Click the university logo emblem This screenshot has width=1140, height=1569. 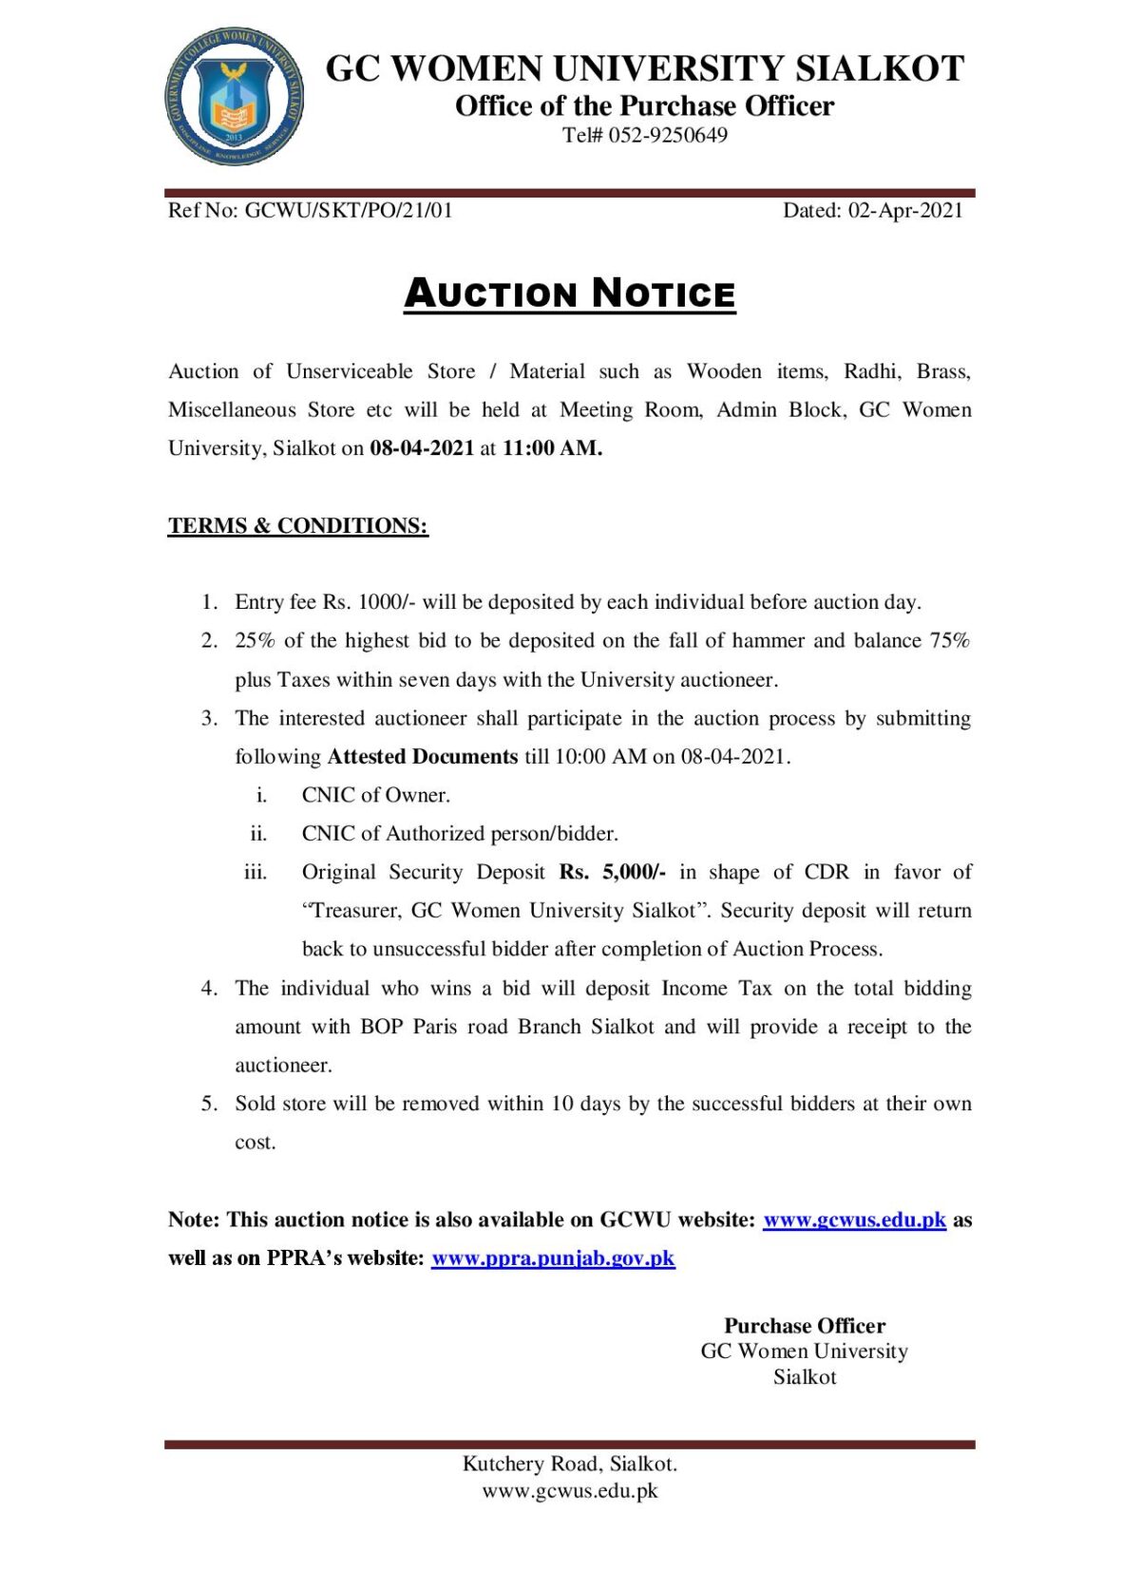[x=234, y=96]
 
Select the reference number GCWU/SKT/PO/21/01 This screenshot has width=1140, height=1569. [x=349, y=210]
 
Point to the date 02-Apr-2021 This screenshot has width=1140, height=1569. [x=905, y=210]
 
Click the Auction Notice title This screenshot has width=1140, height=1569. [x=570, y=293]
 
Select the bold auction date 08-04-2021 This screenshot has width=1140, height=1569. [x=422, y=448]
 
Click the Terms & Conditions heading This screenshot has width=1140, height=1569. [x=298, y=525]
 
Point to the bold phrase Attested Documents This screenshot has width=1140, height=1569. [x=423, y=757]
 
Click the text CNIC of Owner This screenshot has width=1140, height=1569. [x=376, y=795]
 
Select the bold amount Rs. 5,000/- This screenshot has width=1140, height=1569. [x=613, y=872]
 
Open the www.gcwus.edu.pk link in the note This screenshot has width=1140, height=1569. [x=854, y=1219]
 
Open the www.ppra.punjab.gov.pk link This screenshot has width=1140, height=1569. [x=553, y=1258]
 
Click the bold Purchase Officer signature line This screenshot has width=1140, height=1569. [x=805, y=1326]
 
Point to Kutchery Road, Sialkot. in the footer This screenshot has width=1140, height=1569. [x=570, y=1464]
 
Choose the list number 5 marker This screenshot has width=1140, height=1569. [x=209, y=1104]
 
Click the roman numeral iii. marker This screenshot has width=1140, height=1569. [x=256, y=872]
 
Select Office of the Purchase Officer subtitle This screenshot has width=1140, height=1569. [x=644, y=105]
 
